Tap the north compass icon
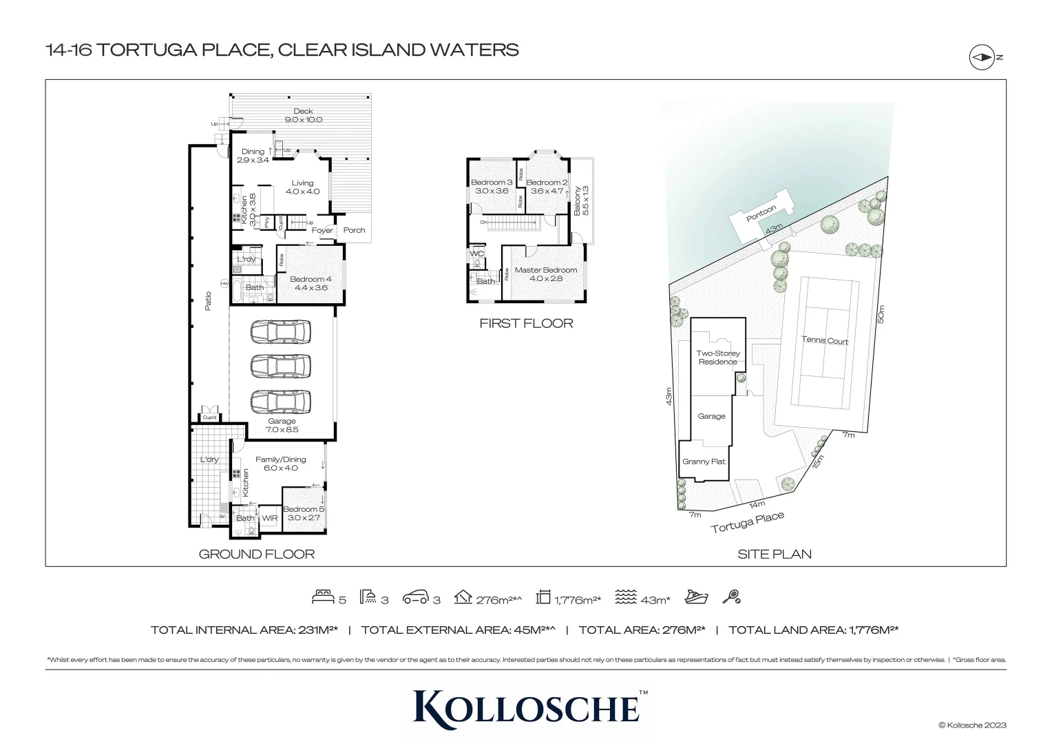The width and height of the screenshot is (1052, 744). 981,58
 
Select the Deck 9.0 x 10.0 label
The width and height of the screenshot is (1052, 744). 303,115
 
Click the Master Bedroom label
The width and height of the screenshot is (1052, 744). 546,274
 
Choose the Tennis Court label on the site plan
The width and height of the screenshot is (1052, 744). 825,340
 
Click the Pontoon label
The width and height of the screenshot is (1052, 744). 761,214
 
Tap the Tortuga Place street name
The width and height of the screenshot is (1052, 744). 747,523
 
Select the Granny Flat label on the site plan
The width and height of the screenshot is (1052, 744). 704,462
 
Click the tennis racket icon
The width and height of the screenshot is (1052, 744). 731,597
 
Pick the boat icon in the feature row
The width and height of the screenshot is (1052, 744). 696,597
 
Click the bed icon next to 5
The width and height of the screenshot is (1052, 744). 324,598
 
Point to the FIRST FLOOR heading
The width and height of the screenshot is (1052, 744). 526,323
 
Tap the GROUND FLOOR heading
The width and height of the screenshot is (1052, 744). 256,554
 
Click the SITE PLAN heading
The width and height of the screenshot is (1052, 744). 774,554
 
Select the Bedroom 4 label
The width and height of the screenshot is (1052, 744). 311,283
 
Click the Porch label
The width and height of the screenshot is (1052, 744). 354,230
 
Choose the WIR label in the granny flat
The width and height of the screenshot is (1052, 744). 270,518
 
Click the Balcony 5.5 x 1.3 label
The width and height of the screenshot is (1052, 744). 582,200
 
